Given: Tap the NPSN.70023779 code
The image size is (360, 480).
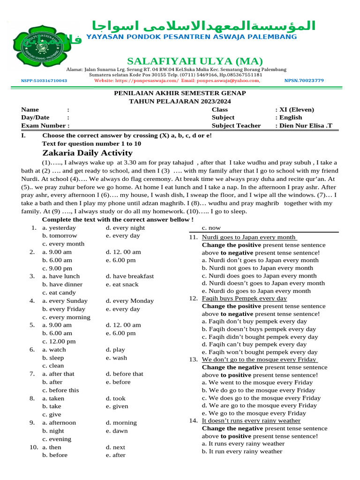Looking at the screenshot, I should [304, 81].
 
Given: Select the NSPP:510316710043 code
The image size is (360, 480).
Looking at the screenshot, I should [44, 81].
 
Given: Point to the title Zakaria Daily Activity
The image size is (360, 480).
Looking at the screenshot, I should [87, 153].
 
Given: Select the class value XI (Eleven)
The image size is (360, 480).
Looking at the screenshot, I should [295, 110].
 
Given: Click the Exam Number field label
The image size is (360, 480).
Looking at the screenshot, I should [45, 125].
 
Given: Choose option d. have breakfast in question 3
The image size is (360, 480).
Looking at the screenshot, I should [129, 276].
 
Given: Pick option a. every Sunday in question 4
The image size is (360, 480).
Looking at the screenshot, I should [65, 300].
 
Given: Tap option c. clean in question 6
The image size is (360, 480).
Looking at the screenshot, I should [53, 366].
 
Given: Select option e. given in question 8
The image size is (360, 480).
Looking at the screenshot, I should [117, 406].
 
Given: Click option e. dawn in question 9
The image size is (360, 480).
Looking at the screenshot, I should [117, 431].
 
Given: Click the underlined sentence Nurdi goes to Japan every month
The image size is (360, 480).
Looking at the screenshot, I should [249, 237].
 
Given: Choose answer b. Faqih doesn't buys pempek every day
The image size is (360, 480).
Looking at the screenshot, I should [259, 330].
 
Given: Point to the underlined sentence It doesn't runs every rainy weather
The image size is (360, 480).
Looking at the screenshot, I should [251, 420].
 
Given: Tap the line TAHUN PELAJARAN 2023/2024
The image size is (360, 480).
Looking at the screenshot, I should [180, 101].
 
